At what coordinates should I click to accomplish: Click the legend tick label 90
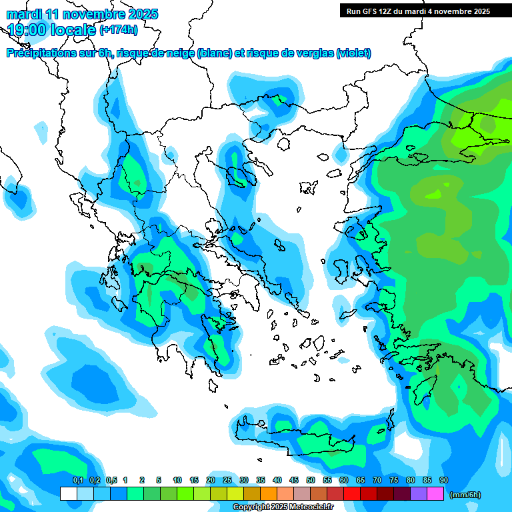pyautogui.click(x=444, y=480)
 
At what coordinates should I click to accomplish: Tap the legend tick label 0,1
pyautogui.click(x=77, y=480)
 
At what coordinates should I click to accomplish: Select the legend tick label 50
pyautogui.click(x=311, y=480)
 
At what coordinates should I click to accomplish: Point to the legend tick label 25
pyautogui.click(x=227, y=480)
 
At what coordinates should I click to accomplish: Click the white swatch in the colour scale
pyautogui.click(x=69, y=494)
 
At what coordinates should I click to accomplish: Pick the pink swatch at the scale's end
pyautogui.click(x=435, y=494)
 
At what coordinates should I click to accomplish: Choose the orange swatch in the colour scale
pyautogui.click(x=269, y=494)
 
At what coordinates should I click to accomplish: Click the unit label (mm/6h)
pyautogui.click(x=465, y=495)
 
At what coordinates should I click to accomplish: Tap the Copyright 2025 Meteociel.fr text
pyautogui.click(x=283, y=507)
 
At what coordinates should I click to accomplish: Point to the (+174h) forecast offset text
pyautogui.click(x=119, y=29)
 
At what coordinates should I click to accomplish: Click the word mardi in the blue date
pyautogui.click(x=24, y=13)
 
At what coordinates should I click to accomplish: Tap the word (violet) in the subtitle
pyautogui.click(x=353, y=53)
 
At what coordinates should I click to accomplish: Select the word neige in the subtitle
pyautogui.click(x=179, y=53)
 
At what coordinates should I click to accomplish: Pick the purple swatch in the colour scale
pyautogui.click(x=419, y=494)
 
